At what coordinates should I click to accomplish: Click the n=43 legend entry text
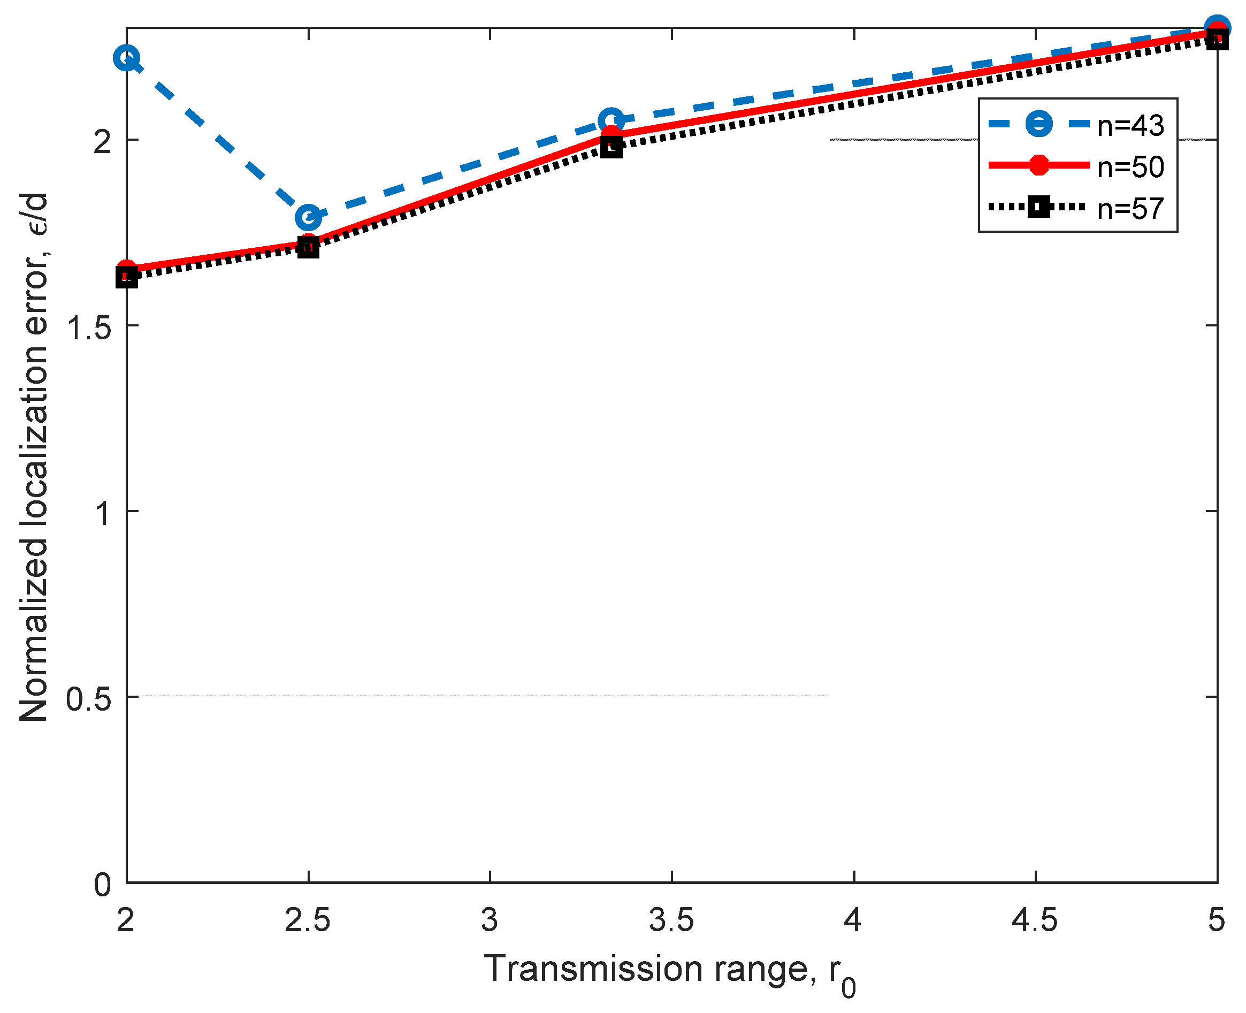coord(1130,125)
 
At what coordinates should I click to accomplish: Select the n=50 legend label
coord(1130,167)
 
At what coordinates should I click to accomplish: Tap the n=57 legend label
coord(1130,208)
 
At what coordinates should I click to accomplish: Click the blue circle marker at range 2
coord(127,58)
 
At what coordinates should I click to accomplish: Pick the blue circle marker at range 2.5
coord(308,217)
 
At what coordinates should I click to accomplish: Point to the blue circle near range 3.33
coord(611,120)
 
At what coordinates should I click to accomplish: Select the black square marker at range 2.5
coord(308,247)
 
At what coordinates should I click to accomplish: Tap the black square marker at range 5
coord(1216,40)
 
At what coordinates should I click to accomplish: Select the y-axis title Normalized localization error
coord(33,458)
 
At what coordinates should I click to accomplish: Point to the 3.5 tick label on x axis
coord(671,920)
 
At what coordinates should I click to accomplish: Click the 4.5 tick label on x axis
coord(1034,920)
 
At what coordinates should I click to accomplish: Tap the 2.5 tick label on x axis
coord(308,920)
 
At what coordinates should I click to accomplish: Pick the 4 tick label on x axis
coord(853,920)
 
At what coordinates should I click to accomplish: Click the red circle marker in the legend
coord(1039,165)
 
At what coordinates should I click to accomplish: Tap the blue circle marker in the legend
coord(1039,124)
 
